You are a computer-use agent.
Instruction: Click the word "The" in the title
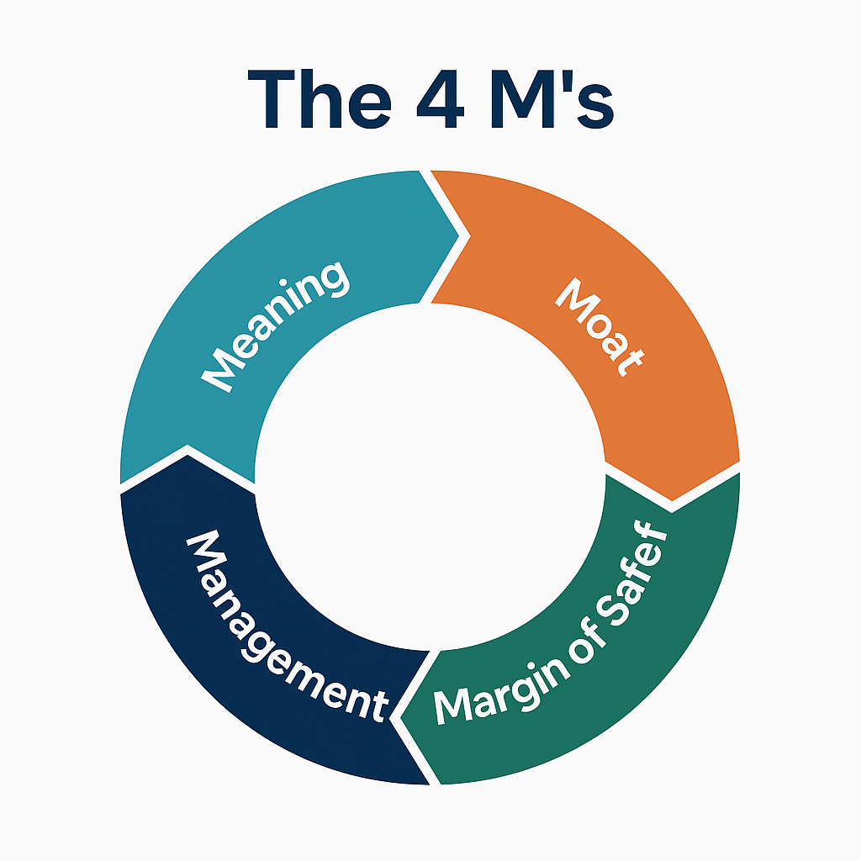pyautogui.click(x=320, y=99)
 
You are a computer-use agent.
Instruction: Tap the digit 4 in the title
pyautogui.click(x=441, y=99)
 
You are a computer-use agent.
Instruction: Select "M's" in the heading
pyautogui.click(x=552, y=99)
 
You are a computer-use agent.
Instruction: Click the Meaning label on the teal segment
pyautogui.click(x=275, y=327)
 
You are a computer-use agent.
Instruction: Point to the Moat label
pyautogui.click(x=599, y=327)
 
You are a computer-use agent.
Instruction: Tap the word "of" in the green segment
pyautogui.click(x=588, y=641)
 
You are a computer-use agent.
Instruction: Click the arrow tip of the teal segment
pyautogui.click(x=458, y=236)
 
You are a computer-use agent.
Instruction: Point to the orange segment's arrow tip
pyautogui.click(x=672, y=501)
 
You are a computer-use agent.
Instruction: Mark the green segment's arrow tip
pyautogui.click(x=401, y=718)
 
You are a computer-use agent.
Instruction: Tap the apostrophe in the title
pyautogui.click(x=568, y=80)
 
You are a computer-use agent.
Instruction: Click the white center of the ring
pyautogui.click(x=430, y=478)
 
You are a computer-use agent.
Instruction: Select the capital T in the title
pyautogui.click(x=272, y=99)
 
